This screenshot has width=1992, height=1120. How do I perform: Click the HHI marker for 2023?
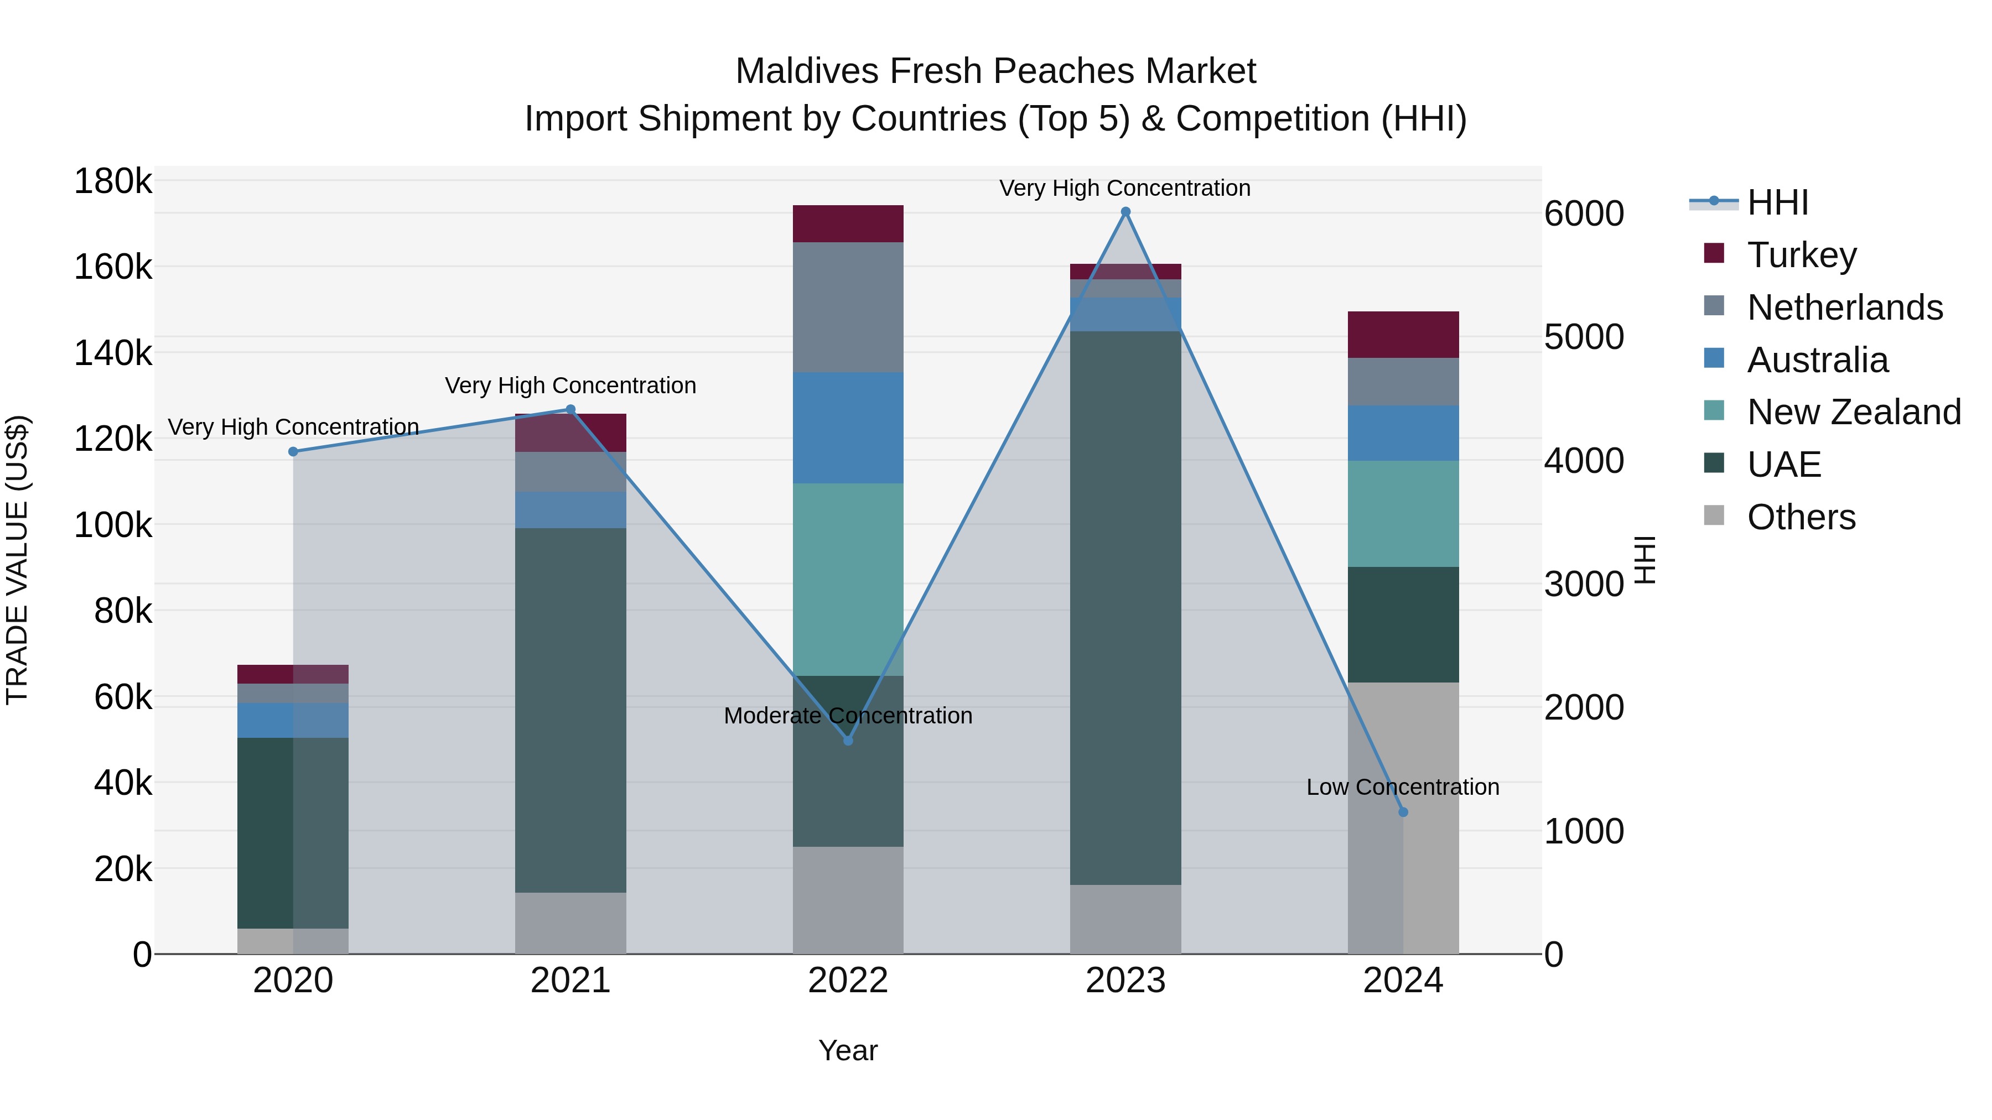[1125, 212]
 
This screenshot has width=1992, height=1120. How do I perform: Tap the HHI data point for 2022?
[848, 741]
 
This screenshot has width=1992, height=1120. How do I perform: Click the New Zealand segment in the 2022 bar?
[848, 580]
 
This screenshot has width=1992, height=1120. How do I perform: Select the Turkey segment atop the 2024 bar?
[1403, 335]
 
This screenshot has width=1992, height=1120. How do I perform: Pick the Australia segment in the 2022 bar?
[848, 428]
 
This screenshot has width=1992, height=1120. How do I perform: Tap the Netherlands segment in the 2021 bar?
[570, 471]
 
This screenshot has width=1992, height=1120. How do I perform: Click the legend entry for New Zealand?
[1853, 412]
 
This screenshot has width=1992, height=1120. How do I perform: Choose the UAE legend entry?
[1783, 465]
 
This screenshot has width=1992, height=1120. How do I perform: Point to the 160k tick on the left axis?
[113, 268]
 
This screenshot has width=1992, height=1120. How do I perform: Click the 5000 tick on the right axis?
[1584, 337]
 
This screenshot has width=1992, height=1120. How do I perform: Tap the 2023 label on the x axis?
[1125, 981]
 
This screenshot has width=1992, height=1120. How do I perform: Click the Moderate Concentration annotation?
[848, 716]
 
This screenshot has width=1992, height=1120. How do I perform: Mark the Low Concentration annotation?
[1403, 787]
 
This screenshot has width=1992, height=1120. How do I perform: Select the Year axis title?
[848, 1050]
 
